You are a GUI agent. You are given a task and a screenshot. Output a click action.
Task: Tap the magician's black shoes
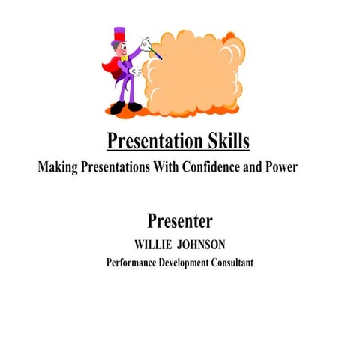coord(126,107)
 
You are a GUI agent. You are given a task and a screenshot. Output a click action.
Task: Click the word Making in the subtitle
coord(58,167)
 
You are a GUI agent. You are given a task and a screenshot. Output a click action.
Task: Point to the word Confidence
coord(208,167)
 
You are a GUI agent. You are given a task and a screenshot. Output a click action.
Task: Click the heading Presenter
coord(179,221)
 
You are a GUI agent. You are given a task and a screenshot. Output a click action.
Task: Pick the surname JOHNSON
coord(202,245)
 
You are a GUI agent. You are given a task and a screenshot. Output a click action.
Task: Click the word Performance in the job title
coord(132,262)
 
